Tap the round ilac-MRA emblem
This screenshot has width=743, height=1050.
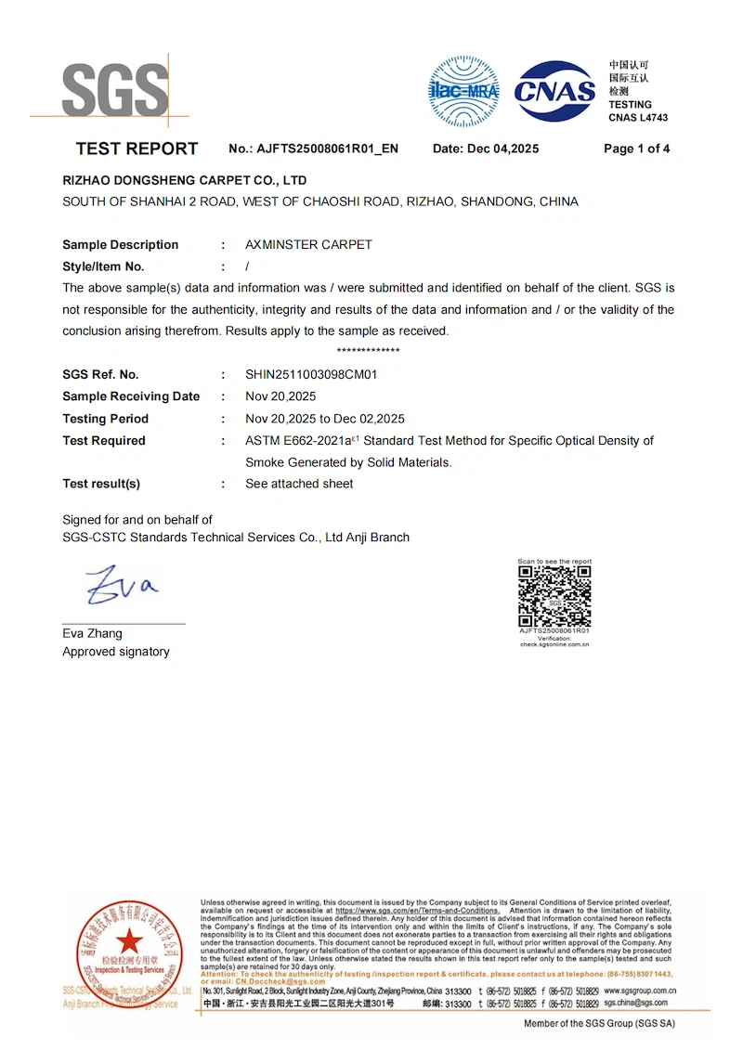(x=463, y=91)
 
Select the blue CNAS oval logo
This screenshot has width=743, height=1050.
(x=555, y=90)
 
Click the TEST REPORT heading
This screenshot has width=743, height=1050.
(x=137, y=149)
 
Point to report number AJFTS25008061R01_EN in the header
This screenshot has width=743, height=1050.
(x=327, y=149)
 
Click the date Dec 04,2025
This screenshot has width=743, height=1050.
(x=502, y=149)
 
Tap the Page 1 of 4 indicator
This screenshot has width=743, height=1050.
(x=636, y=149)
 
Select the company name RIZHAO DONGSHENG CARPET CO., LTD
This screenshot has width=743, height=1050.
(x=184, y=180)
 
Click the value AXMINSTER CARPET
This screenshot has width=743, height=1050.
(x=308, y=245)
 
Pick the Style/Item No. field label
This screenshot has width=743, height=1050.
(x=103, y=266)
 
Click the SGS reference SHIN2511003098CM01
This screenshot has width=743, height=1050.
(x=311, y=375)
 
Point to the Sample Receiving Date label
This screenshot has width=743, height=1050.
(x=131, y=396)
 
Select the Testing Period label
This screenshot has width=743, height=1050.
(x=105, y=419)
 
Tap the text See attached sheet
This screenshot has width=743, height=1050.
(x=299, y=484)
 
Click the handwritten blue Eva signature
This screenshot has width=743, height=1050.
(x=122, y=584)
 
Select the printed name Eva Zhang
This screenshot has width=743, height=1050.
(x=92, y=633)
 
